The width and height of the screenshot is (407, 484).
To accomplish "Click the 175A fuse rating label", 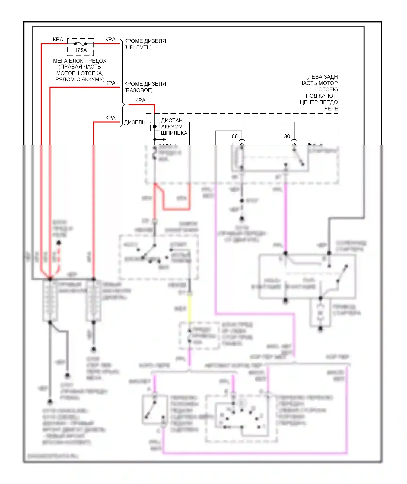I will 81,50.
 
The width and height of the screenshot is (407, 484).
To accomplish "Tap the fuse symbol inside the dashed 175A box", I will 80,43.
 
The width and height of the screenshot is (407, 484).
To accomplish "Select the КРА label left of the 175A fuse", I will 58,40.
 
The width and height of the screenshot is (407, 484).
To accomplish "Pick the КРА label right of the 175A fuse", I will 110,40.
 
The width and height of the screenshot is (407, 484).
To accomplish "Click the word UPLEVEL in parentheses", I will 138,47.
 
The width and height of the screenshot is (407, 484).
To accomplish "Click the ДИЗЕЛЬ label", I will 135,122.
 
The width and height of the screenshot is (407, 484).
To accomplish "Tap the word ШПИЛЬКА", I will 174,133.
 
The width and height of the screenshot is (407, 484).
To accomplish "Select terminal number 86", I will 235,136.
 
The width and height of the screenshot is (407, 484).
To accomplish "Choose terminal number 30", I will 287,136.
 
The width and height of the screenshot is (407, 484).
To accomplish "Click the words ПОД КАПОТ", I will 322,96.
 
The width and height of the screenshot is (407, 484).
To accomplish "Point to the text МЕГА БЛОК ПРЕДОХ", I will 80,61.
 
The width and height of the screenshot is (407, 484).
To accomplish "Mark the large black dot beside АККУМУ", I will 155,127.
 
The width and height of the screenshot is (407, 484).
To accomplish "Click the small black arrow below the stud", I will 164,140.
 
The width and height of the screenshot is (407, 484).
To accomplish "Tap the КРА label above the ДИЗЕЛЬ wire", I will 110,118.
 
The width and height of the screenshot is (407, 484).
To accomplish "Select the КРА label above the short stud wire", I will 140,100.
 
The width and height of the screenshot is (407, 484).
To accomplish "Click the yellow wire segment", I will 190,309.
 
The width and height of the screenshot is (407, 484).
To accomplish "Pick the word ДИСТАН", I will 172,120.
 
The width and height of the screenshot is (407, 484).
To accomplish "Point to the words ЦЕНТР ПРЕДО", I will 319,102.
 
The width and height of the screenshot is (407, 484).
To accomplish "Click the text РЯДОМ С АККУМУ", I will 80,79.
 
